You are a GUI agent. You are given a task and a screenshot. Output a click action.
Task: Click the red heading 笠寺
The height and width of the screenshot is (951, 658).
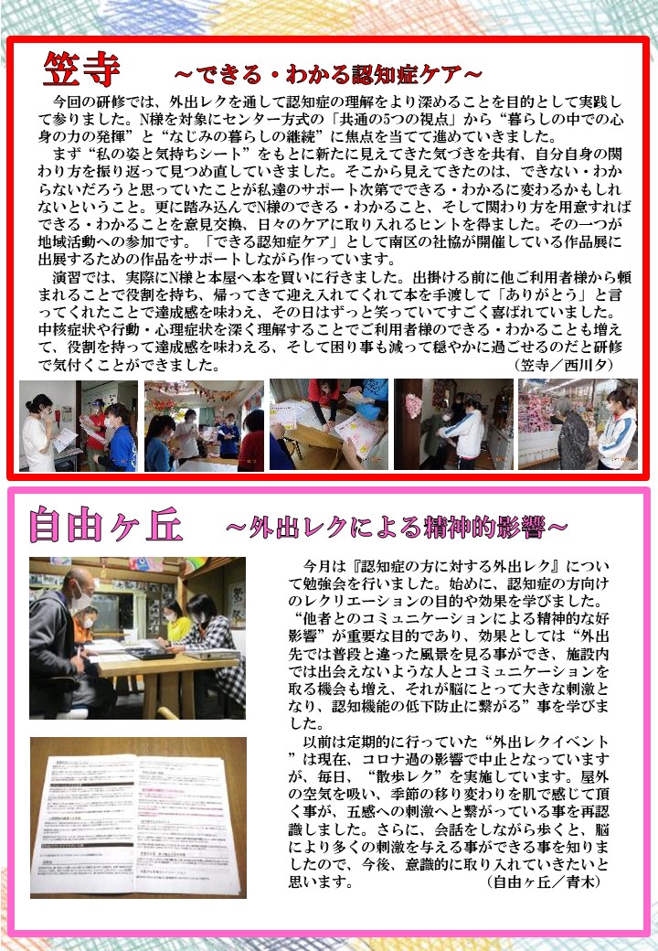pyautogui.click(x=82, y=69)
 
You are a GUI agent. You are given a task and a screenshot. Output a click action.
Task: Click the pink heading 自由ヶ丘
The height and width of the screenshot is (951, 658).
pyautogui.click(x=105, y=524)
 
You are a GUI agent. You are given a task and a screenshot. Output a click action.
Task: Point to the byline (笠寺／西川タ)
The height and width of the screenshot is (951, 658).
pyautogui.click(x=564, y=365)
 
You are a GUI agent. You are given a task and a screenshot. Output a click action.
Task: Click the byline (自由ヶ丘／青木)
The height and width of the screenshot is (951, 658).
pyautogui.click(x=544, y=882)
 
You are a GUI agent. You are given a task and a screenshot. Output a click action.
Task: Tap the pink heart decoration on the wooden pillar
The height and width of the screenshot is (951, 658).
pyautogui.click(x=414, y=404)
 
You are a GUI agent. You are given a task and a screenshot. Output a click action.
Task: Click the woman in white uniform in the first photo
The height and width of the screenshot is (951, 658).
pyautogui.click(x=37, y=432)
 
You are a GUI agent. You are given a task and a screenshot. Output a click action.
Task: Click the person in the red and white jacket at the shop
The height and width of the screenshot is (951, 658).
pyautogui.click(x=617, y=430)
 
